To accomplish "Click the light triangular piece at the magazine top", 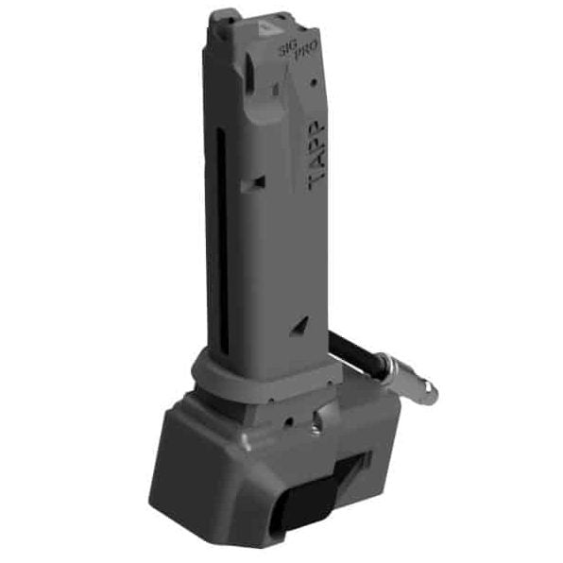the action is coord(265,28).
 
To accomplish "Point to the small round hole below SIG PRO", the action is coord(314,82).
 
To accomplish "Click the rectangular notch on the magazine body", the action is coord(253,183).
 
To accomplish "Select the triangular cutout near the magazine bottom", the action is coord(299,327).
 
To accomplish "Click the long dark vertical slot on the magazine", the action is coord(223,241).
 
